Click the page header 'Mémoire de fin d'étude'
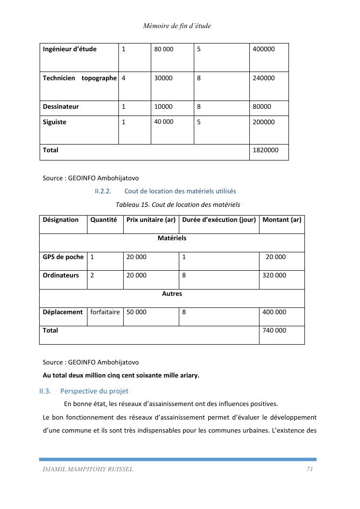click(x=177, y=26)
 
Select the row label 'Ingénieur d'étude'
click(x=70, y=49)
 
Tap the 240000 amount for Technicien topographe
click(x=263, y=78)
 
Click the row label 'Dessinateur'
click(x=61, y=107)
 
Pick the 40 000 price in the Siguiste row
click(x=164, y=122)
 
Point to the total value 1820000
click(x=265, y=150)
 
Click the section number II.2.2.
click(x=103, y=191)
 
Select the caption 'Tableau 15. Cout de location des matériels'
click(x=178, y=204)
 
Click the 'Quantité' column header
click(x=103, y=220)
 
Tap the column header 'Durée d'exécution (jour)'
click(x=218, y=220)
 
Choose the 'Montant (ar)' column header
click(x=282, y=220)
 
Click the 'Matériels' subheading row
click(x=172, y=238)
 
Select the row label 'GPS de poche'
click(x=63, y=257)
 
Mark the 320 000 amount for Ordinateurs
click(x=274, y=276)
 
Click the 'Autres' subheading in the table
click(x=172, y=294)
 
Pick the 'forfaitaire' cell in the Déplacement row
click(x=105, y=312)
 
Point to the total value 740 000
click(x=274, y=331)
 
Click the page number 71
click(x=310, y=469)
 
